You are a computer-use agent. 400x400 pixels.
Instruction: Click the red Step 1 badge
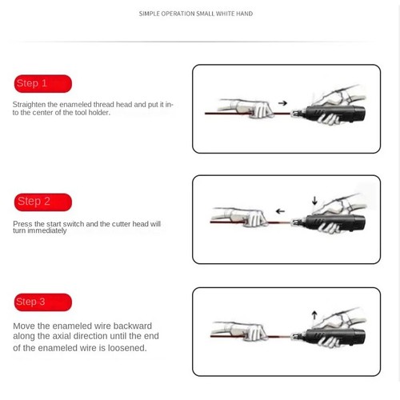click(x=43, y=83)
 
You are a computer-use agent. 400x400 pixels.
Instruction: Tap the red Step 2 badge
click(x=43, y=202)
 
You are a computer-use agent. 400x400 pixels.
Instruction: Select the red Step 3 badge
click(x=43, y=302)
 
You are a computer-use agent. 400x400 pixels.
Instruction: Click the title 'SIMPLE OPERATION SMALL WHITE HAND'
click(x=196, y=14)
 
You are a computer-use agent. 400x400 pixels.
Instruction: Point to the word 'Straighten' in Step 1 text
click(x=29, y=104)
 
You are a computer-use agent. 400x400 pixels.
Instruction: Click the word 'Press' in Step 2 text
click(x=22, y=224)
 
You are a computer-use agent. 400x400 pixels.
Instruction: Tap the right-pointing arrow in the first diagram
click(x=283, y=102)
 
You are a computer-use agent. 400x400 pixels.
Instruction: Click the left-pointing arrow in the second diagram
click(x=280, y=212)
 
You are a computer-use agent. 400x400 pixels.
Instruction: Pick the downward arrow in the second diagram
click(x=315, y=200)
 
